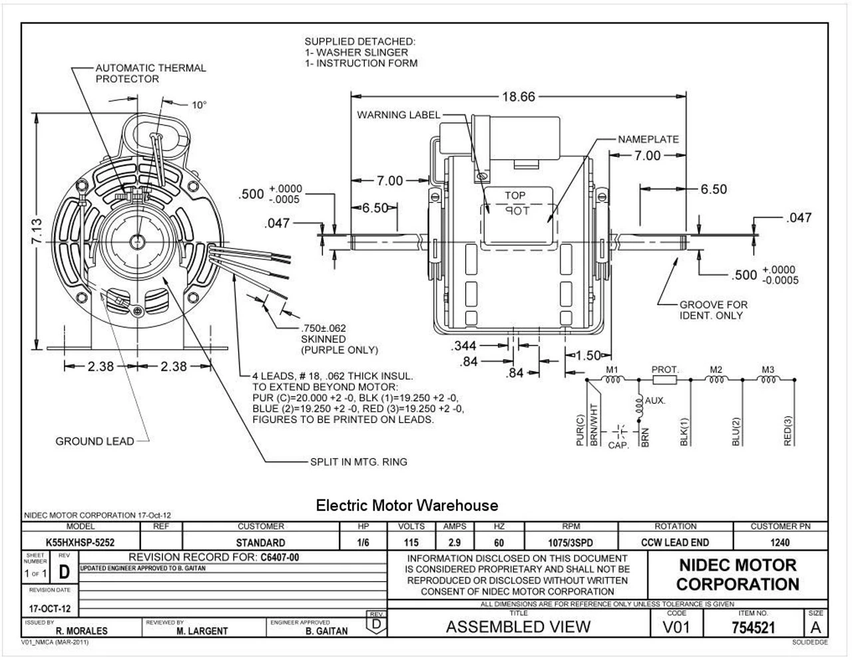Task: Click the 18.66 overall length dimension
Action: click(x=518, y=96)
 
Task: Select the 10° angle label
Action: click(x=199, y=104)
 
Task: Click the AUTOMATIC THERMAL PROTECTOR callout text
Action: click(x=150, y=73)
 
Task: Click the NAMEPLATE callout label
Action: click(x=648, y=140)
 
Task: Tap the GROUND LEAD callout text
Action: click(x=94, y=441)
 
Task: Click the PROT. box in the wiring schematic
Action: click(x=664, y=380)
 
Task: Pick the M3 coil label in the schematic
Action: click(x=768, y=370)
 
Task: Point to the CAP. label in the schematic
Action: click(x=618, y=445)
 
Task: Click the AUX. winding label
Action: click(x=655, y=401)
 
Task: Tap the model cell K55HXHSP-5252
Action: click(x=80, y=543)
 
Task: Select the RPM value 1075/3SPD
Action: click(x=571, y=543)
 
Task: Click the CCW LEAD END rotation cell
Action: click(x=675, y=543)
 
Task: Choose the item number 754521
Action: click(x=753, y=627)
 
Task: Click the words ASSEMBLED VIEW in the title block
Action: click(x=517, y=626)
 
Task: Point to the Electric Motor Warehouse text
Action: click(x=406, y=505)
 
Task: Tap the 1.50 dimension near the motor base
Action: click(x=587, y=356)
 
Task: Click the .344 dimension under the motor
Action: click(x=464, y=346)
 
